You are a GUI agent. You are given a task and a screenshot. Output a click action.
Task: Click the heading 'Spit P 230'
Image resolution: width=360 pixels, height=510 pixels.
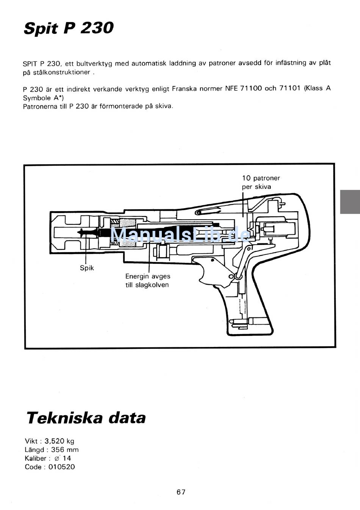[x=69, y=28]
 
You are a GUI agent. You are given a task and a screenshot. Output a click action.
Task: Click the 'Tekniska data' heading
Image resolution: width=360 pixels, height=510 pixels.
[x=86, y=418]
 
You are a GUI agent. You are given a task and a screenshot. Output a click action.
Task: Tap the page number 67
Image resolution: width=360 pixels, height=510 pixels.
[x=181, y=492]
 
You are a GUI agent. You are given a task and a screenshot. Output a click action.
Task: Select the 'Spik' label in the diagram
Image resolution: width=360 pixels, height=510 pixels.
[x=87, y=268]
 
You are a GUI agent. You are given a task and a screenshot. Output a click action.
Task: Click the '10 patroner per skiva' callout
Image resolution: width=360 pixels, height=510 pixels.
[x=261, y=182]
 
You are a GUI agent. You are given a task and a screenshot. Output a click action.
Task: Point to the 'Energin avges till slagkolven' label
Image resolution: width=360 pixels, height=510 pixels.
[x=148, y=281]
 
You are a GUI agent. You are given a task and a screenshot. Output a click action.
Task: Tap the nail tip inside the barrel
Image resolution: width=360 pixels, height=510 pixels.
[x=78, y=232]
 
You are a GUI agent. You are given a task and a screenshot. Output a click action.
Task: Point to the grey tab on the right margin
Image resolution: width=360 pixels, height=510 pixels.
[x=350, y=202]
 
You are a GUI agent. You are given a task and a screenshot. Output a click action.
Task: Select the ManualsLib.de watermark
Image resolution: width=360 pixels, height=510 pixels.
[x=181, y=234]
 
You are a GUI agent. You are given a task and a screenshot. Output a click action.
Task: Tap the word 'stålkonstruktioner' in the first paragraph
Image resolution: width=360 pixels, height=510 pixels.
[x=62, y=72]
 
